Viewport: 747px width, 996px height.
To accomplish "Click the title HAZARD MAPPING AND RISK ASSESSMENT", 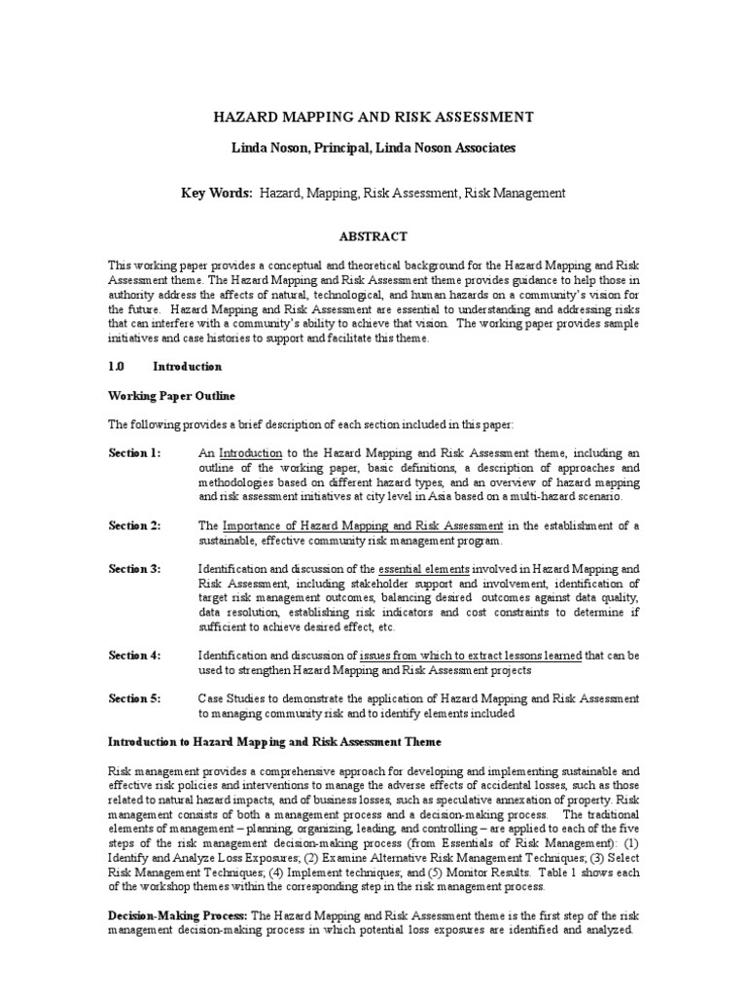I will click(373, 118).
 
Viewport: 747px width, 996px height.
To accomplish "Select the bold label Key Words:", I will click(216, 194).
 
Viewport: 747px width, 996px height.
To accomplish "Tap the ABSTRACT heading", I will click(373, 236).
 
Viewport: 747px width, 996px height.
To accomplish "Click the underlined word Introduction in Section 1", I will click(251, 453).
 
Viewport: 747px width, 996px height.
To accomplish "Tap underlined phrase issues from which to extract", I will click(456, 655).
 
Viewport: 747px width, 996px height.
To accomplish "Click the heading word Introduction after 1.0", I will click(187, 367).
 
